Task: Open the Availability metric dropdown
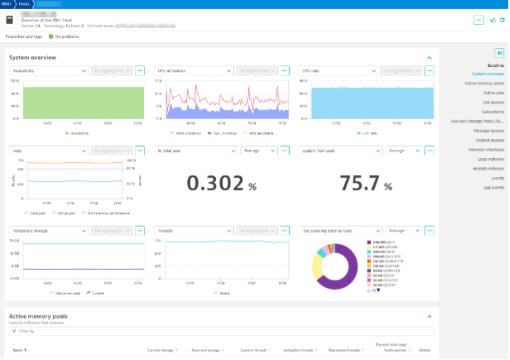[x=48, y=70]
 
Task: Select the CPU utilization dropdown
[x=193, y=70]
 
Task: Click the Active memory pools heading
[x=38, y=316]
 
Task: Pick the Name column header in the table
[x=18, y=350]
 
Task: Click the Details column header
[x=424, y=350]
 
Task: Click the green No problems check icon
[x=51, y=36]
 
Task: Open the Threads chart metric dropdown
[x=193, y=230]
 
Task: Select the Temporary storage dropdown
[x=48, y=230]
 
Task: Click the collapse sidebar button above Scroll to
[x=499, y=53]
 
